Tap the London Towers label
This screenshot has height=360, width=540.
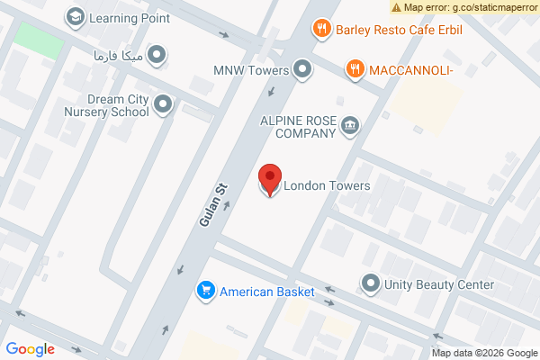(x=327, y=186)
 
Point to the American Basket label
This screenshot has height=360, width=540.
(x=267, y=292)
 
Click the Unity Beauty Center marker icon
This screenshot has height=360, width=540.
(x=370, y=284)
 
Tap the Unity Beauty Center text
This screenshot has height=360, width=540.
(x=439, y=285)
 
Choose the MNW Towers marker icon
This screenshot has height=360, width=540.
(x=302, y=69)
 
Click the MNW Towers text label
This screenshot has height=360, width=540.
(x=251, y=70)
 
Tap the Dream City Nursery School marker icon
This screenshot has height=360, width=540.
(x=163, y=105)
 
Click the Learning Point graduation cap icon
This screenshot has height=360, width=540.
(x=75, y=16)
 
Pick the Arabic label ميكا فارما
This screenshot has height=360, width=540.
(x=118, y=56)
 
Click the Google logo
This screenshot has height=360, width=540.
(x=30, y=349)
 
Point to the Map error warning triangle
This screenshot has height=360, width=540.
(x=396, y=7)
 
